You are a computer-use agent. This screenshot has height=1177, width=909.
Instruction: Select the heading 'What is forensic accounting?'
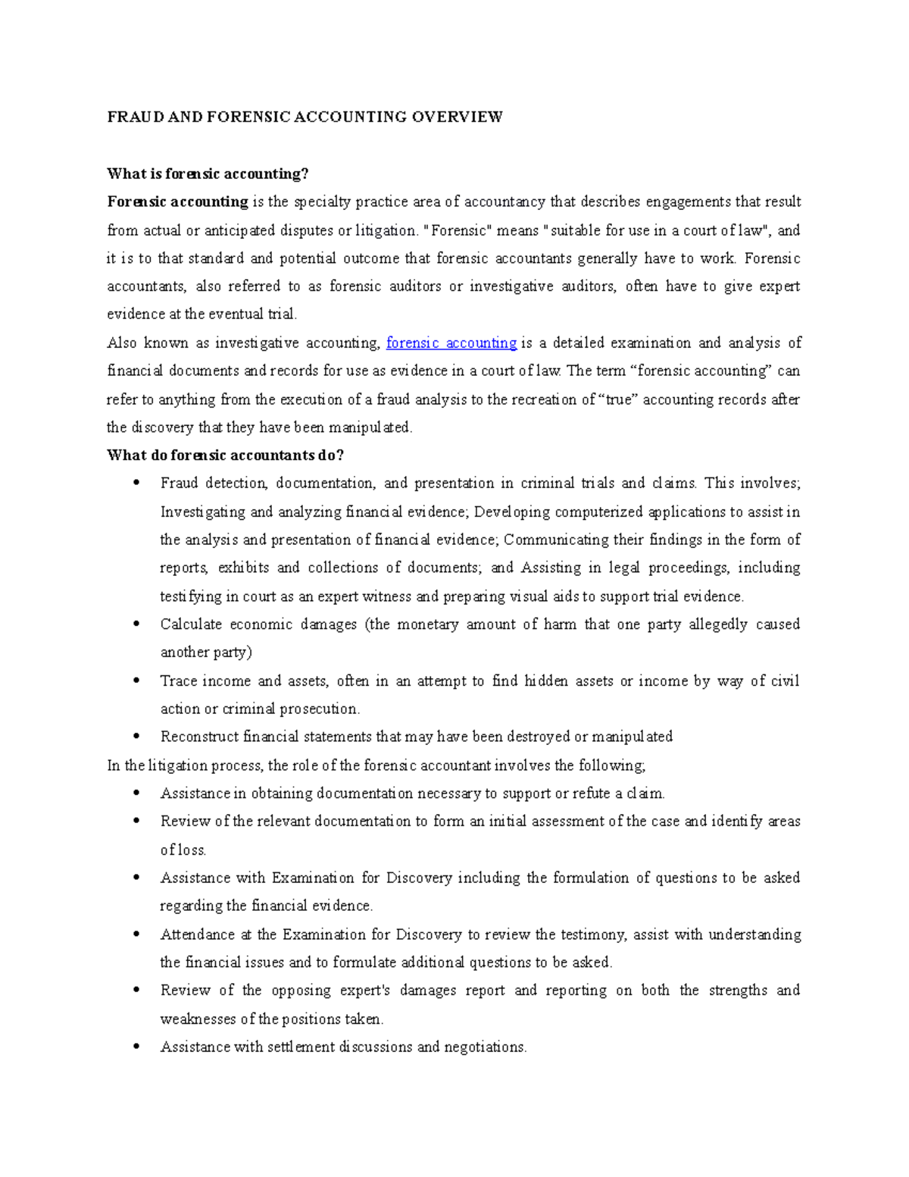(x=208, y=174)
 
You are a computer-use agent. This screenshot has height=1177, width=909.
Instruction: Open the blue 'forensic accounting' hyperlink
(x=451, y=343)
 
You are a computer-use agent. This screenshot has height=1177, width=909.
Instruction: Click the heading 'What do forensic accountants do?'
(x=226, y=455)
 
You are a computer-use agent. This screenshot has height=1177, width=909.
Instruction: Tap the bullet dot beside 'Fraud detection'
(x=136, y=483)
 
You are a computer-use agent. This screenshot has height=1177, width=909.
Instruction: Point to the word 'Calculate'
(x=190, y=624)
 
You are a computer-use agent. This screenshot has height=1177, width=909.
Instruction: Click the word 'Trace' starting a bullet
(x=178, y=681)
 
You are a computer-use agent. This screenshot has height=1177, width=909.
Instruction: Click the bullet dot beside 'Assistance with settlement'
(x=136, y=1047)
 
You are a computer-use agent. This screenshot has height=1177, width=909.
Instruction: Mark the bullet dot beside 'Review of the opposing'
(x=136, y=990)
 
